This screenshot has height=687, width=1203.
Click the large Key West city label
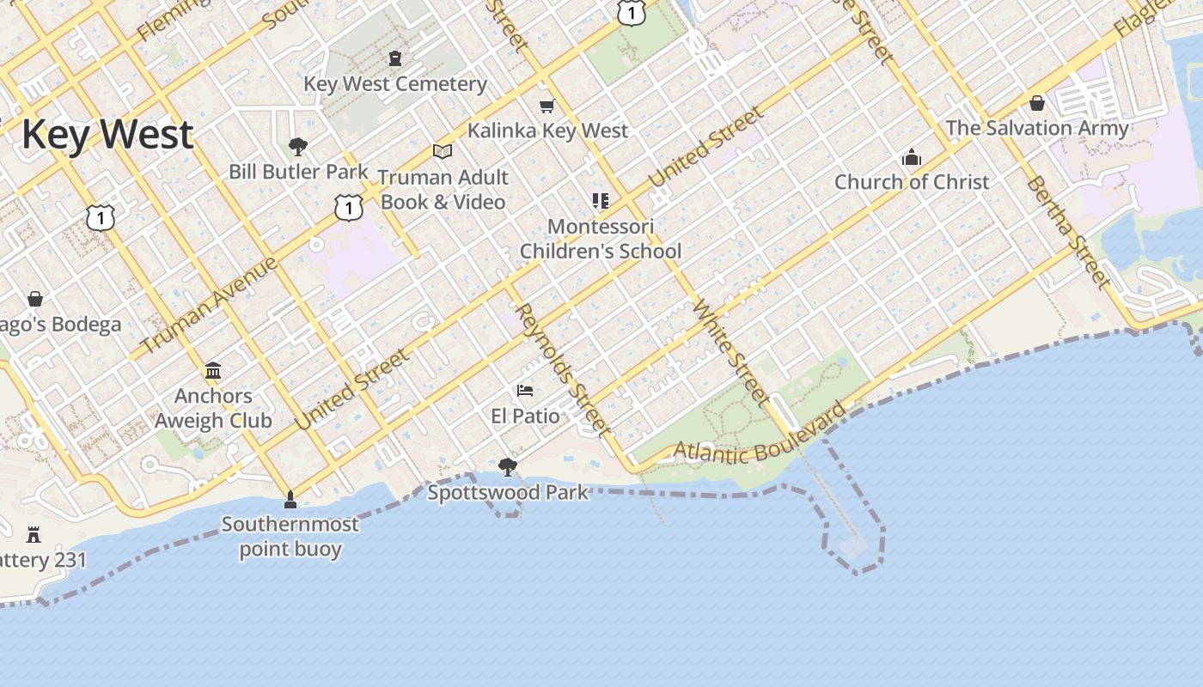tap(107, 136)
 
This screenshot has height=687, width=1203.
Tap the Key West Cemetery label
tap(395, 84)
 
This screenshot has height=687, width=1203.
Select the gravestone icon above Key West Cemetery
tap(395, 58)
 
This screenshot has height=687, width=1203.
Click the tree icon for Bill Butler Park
tap(298, 146)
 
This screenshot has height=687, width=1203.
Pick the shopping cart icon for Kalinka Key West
tap(547, 106)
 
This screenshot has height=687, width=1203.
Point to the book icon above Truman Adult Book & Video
tap(443, 152)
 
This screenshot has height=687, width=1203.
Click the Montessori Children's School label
tap(601, 239)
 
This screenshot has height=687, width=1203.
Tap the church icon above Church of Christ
tap(912, 158)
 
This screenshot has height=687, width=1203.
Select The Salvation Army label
tap(1037, 128)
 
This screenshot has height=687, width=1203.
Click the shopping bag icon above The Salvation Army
tap(1037, 103)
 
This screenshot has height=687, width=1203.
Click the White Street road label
tap(730, 351)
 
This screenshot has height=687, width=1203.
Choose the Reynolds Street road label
tap(564, 369)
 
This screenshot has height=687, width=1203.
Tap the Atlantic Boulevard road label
tap(760, 439)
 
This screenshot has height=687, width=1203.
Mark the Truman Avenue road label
tap(208, 305)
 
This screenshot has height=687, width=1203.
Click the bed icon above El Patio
tap(525, 391)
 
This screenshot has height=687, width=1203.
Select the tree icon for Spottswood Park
tap(508, 467)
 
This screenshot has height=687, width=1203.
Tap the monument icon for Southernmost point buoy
tap(290, 499)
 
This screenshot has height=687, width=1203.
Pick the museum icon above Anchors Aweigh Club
tap(213, 371)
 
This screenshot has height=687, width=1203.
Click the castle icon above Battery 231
tap(34, 535)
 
